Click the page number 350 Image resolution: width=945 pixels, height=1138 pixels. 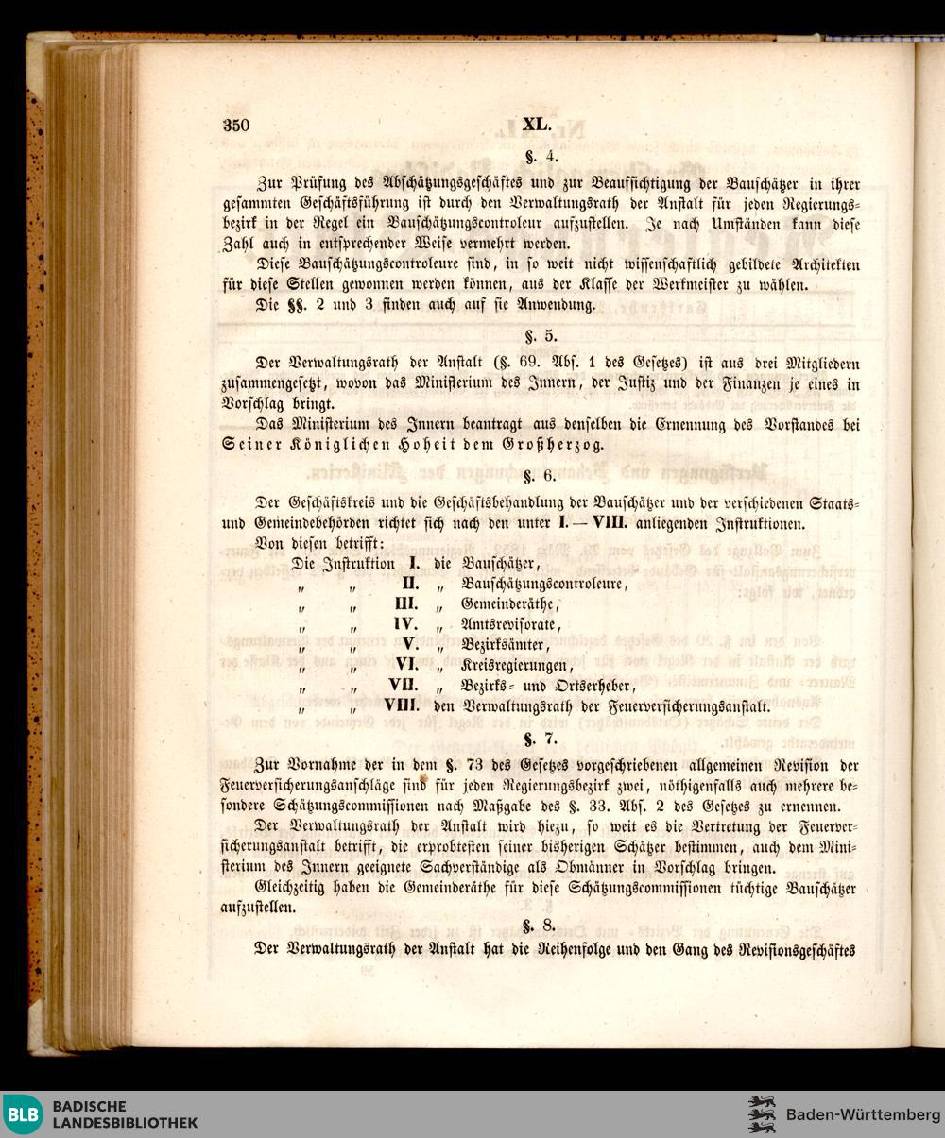pyautogui.click(x=236, y=125)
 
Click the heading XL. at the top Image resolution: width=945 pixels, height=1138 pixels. pyautogui.click(x=536, y=124)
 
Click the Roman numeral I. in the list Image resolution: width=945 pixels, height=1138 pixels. pyautogui.click(x=414, y=563)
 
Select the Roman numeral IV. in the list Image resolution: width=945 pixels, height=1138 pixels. pyautogui.click(x=405, y=624)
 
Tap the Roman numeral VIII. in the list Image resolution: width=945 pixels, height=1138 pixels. pyautogui.click(x=402, y=705)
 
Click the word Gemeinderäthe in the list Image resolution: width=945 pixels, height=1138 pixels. pyautogui.click(x=509, y=604)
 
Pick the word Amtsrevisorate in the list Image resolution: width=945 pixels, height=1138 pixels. pyautogui.click(x=511, y=625)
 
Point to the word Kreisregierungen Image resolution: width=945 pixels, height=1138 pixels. pyautogui.click(x=516, y=665)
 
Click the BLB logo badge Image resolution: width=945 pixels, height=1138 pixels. pyautogui.click(x=23, y=1114)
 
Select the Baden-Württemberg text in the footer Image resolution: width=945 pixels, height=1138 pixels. pyautogui.click(x=863, y=1115)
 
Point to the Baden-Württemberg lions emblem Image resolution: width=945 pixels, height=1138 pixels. pyautogui.click(x=762, y=1114)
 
